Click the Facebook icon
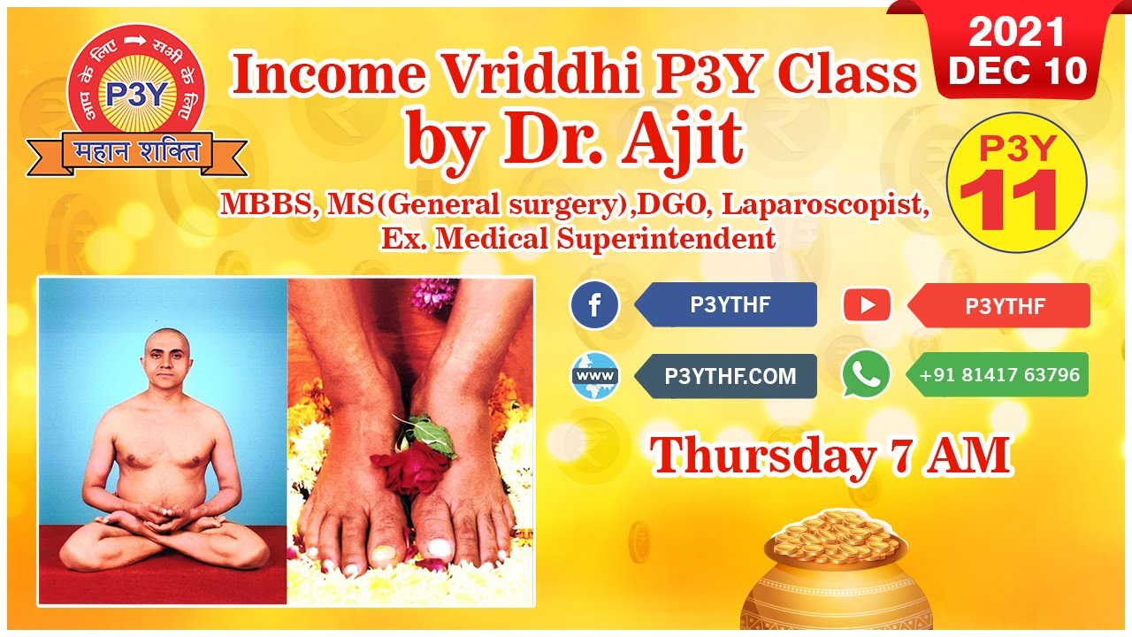click(x=594, y=305)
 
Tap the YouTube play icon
click(x=867, y=305)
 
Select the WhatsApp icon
click(x=866, y=374)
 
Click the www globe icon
click(x=594, y=376)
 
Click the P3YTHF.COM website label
click(x=730, y=376)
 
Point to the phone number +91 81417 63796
click(x=999, y=375)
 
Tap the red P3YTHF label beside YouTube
click(x=1005, y=306)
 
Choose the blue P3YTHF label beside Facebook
click(x=730, y=305)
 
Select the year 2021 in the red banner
click(x=1016, y=33)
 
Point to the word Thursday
click(x=761, y=455)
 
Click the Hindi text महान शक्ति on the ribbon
click(x=136, y=152)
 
